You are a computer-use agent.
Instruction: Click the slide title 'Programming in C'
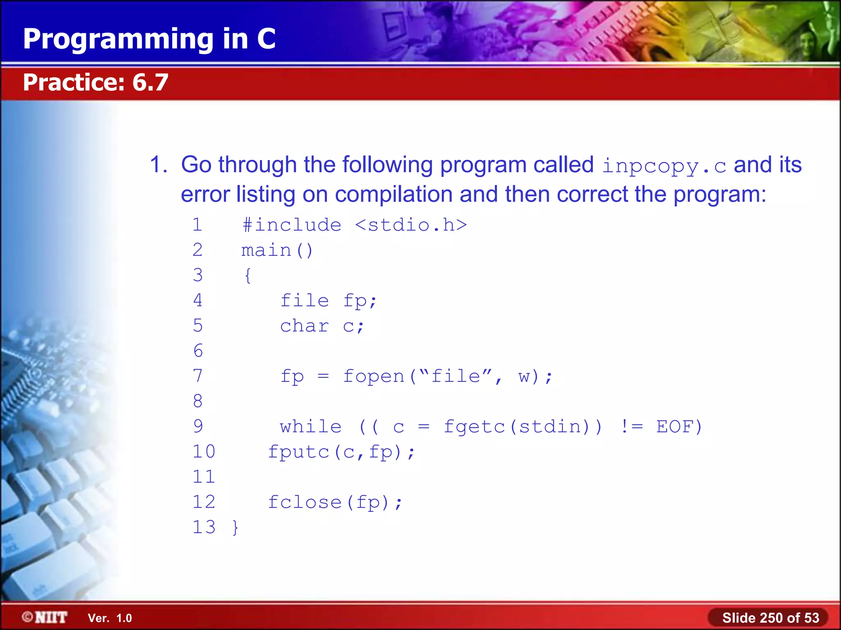click(x=149, y=39)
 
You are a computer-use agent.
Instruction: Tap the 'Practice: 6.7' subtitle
click(x=95, y=82)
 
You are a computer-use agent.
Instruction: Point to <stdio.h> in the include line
click(x=411, y=225)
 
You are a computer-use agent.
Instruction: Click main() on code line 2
click(x=277, y=250)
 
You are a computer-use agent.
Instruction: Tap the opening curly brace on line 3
click(x=248, y=276)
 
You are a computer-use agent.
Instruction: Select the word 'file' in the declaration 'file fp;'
click(x=304, y=301)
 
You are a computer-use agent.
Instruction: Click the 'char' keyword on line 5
click(x=304, y=326)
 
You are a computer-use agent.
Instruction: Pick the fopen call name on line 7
click(x=374, y=377)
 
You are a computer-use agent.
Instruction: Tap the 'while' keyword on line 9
click(x=310, y=427)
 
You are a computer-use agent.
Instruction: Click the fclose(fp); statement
click(x=335, y=502)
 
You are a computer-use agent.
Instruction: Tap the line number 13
click(x=204, y=527)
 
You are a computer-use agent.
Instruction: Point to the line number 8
click(x=198, y=401)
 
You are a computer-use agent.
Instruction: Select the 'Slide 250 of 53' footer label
click(x=770, y=618)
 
